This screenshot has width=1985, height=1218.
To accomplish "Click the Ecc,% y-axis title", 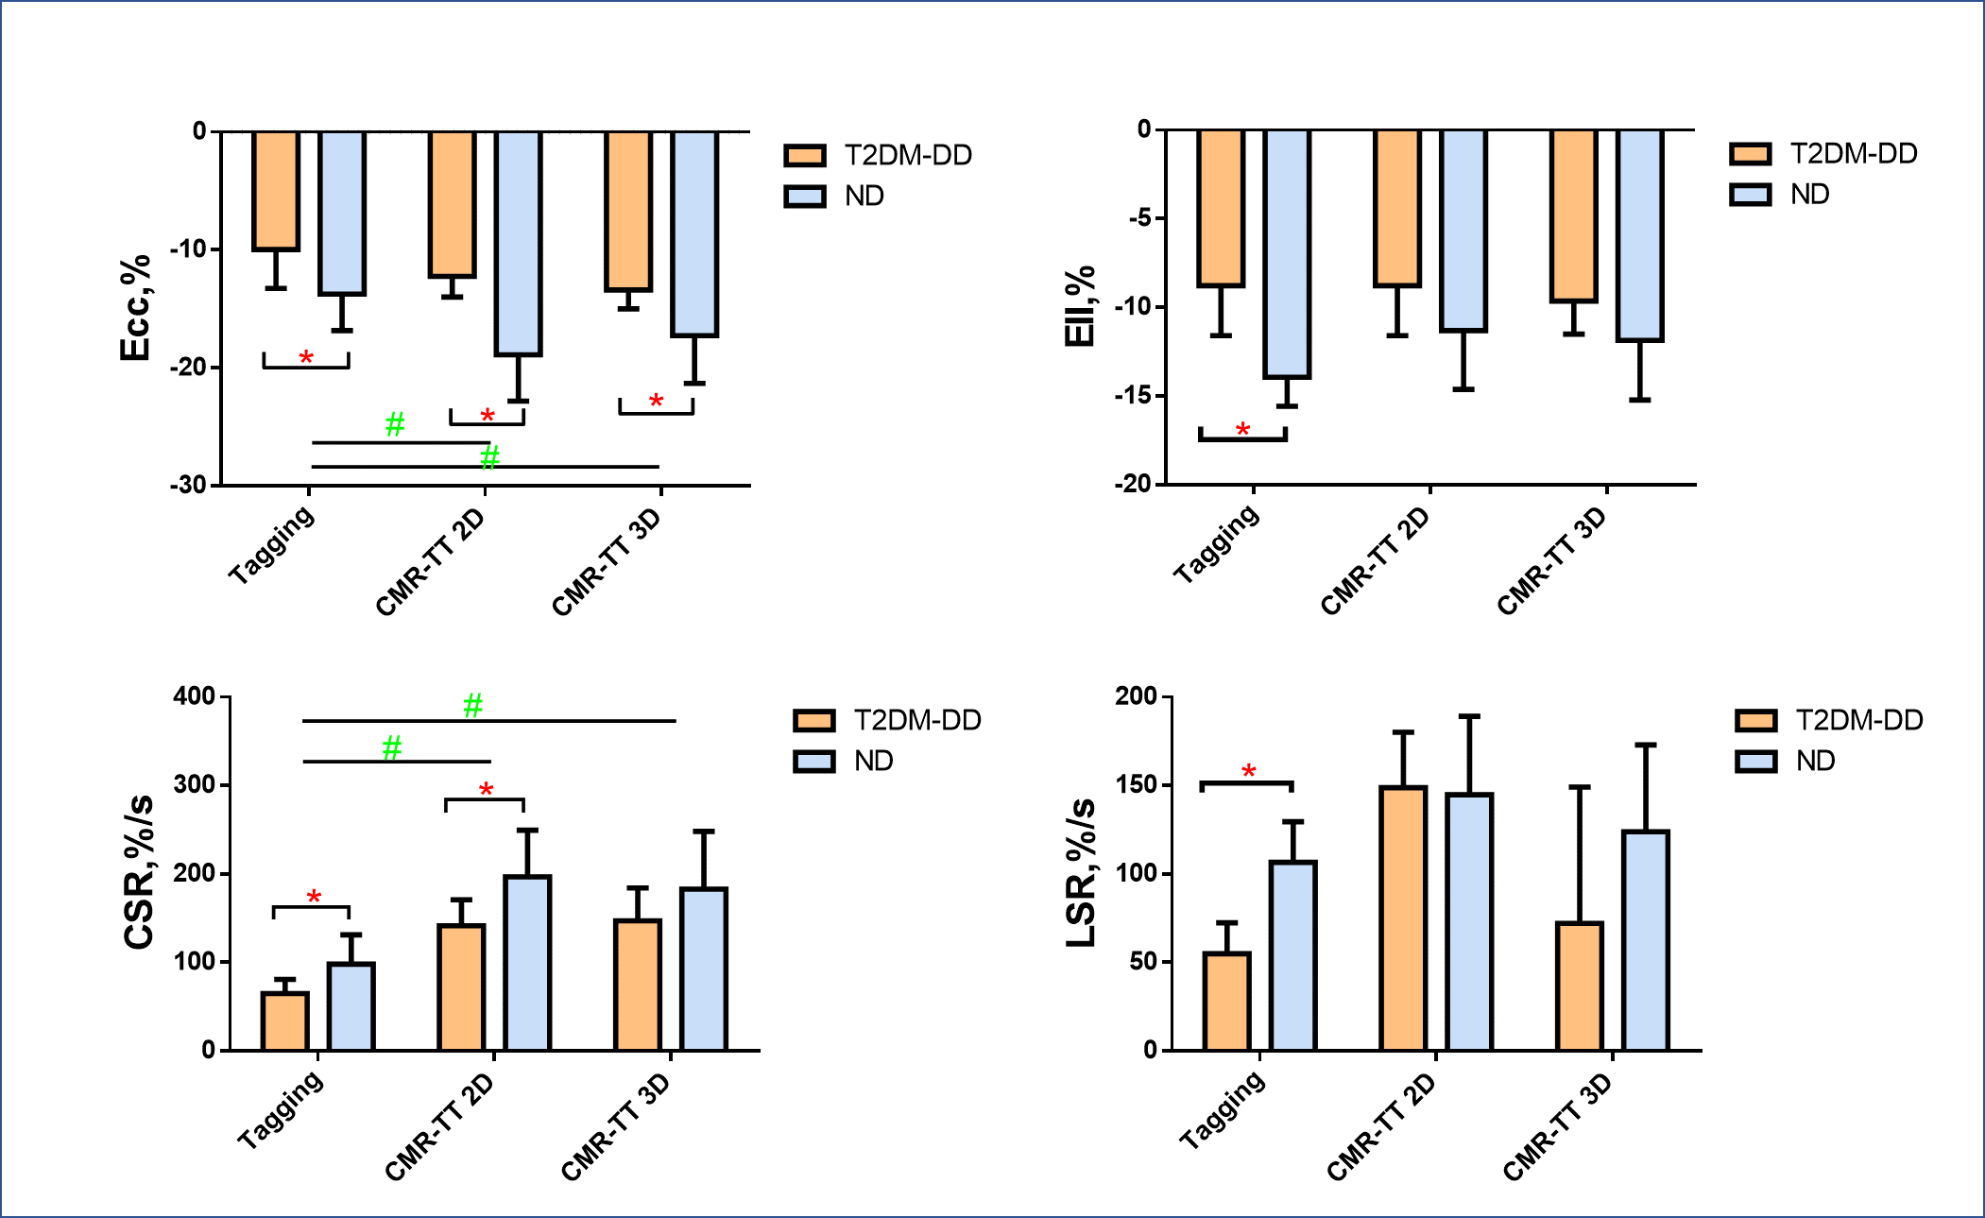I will tap(135, 308).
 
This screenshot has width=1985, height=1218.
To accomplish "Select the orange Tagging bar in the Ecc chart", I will tap(276, 191).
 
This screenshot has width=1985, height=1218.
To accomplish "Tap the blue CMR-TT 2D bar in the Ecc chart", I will tap(518, 243).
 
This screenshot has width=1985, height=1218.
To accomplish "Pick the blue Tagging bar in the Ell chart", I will tap(1287, 253).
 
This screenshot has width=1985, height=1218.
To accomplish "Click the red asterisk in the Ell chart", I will tap(1242, 431).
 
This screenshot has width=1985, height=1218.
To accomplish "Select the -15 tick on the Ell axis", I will tap(1133, 395).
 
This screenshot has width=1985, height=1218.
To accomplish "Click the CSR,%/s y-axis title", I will tap(139, 872).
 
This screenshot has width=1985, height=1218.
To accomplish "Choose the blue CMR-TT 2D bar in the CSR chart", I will tap(527, 963).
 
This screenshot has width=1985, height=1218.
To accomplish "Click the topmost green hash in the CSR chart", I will tap(472, 705).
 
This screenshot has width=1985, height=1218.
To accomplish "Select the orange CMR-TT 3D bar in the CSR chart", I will tap(637, 985).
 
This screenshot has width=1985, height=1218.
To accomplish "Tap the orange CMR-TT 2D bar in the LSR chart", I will tap(1403, 918).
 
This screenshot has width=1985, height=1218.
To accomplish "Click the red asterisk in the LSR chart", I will tap(1248, 772).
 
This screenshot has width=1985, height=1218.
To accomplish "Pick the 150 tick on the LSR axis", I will tap(1136, 784).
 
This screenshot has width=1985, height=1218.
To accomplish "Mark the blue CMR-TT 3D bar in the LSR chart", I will tap(1646, 940).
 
